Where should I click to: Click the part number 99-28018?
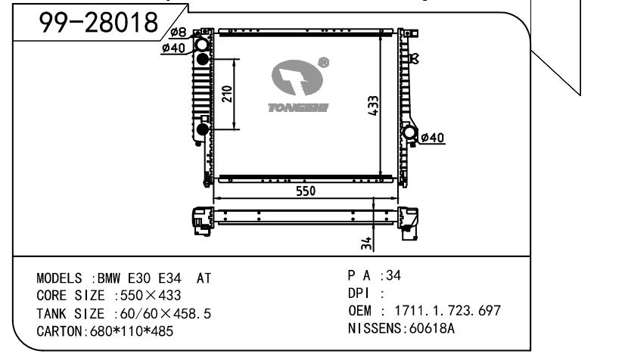point(98,22)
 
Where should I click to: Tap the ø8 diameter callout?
point(178,32)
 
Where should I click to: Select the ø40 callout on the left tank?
point(173,48)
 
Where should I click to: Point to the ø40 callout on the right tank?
point(433,138)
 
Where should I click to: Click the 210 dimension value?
point(227,94)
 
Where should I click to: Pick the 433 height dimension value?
point(373,106)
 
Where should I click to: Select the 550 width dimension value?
point(306,191)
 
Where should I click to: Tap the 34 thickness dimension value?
point(366,244)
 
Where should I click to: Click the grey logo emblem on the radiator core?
point(297,78)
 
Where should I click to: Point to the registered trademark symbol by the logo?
point(323,63)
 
